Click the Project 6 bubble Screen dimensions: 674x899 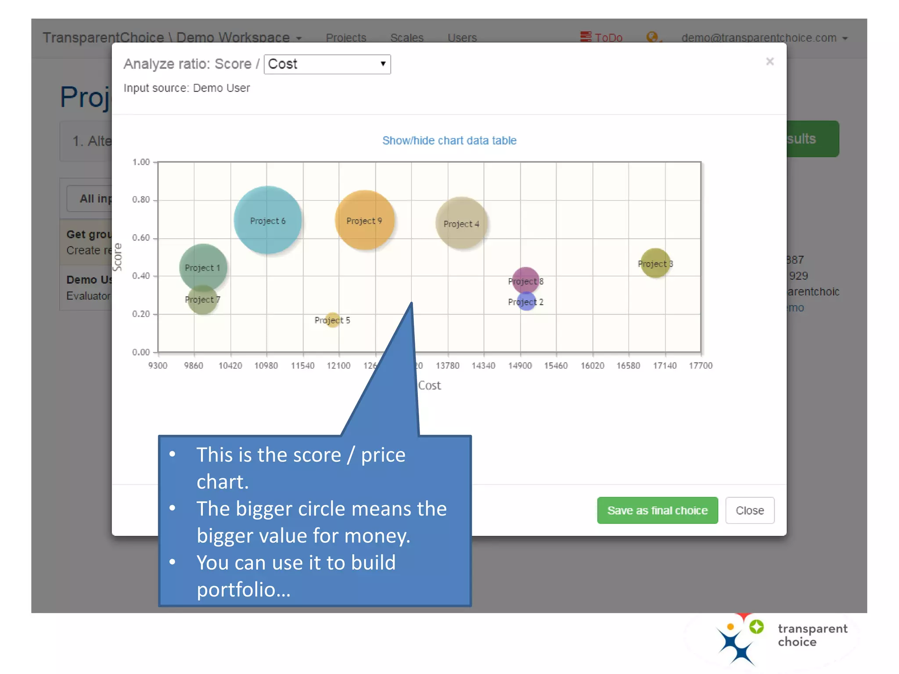[267, 220]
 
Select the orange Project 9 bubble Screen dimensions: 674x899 [364, 220]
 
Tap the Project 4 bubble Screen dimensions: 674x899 [461, 223]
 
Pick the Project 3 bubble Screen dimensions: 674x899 [655, 263]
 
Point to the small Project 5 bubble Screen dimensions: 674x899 [333, 320]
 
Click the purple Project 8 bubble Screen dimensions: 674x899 [525, 280]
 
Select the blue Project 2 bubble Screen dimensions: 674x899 [526, 302]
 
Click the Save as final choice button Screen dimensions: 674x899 [657, 510]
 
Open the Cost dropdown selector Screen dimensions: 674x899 [327, 64]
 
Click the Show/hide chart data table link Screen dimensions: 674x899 [449, 140]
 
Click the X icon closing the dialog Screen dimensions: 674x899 [770, 61]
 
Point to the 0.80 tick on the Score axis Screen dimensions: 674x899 [141, 200]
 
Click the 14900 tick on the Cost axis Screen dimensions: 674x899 [520, 366]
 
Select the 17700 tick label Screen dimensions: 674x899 [701, 366]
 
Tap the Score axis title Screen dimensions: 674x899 [117, 257]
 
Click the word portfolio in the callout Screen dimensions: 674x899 [243, 589]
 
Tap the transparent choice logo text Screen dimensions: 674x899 [812, 635]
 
